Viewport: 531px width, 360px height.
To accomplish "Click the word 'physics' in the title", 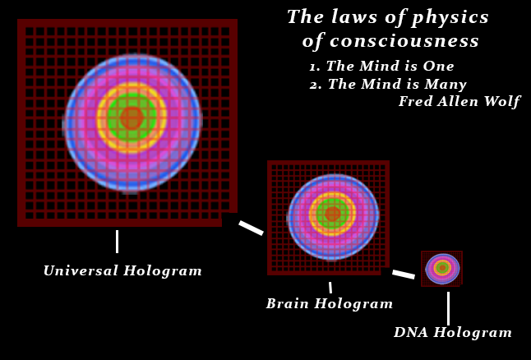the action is tap(450, 18).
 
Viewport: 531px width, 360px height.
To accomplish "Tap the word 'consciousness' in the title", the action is tap(404, 41).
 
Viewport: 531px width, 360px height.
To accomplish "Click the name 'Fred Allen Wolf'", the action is tap(459, 101).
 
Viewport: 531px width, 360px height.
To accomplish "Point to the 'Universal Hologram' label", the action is tap(122, 271).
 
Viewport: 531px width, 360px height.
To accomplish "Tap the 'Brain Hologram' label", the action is tap(329, 304).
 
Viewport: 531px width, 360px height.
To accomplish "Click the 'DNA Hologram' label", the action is tap(452, 332).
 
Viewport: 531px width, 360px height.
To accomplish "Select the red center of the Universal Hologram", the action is tap(132, 118).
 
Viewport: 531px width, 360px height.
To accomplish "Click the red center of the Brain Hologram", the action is tap(333, 214).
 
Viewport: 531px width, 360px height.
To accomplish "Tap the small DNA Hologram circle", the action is tap(442, 269).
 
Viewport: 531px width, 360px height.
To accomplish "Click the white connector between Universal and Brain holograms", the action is tap(251, 228).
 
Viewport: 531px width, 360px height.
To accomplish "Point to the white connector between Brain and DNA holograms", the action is tap(404, 275).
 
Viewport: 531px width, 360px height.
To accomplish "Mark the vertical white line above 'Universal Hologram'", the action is tap(118, 242).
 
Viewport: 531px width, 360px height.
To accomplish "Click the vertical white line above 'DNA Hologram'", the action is tap(448, 308).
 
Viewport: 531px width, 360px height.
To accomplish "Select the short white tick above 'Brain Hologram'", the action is tap(330, 288).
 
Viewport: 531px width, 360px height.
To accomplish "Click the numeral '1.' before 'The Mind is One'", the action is tap(315, 67).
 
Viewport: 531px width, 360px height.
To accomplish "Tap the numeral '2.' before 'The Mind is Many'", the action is tap(316, 85).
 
